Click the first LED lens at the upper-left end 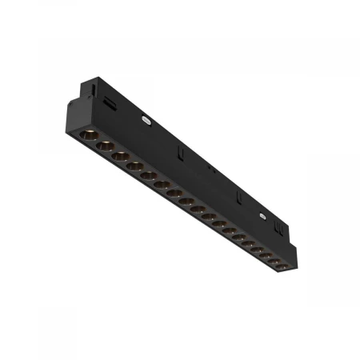tap(88, 132)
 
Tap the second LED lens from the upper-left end tap(104, 146)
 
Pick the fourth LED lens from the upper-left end tap(134, 167)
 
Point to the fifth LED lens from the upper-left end tap(149, 177)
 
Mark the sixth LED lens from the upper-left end tap(162, 186)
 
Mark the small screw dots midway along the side tap(211, 169)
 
